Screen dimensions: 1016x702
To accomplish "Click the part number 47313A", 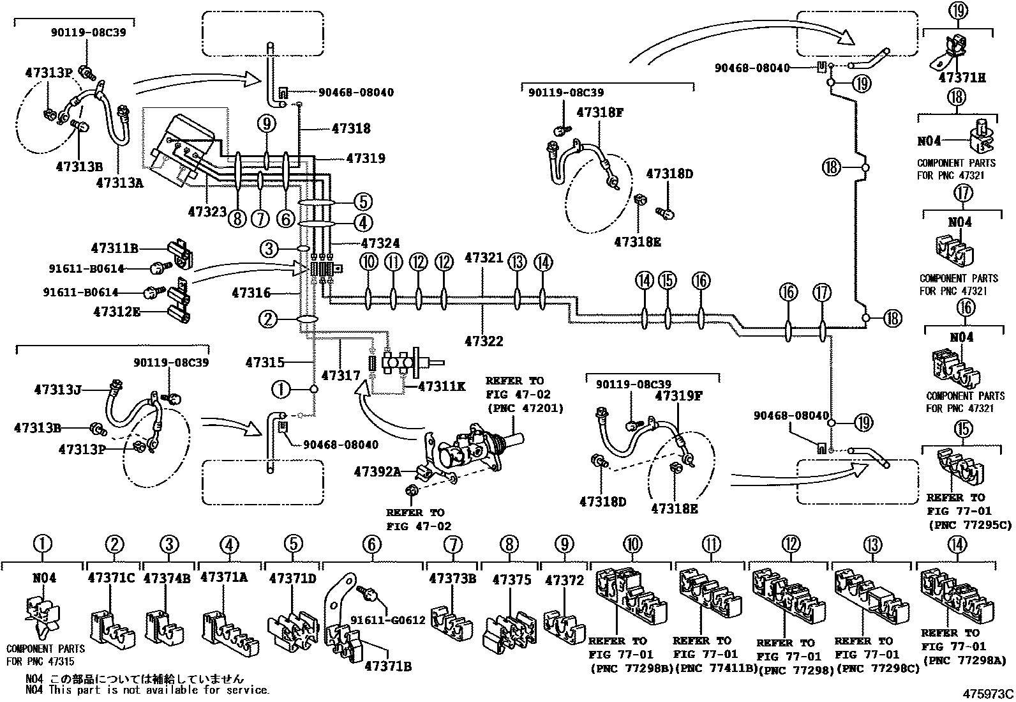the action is pyautogui.click(x=119, y=183).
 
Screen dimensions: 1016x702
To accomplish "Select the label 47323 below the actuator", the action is pyautogui.click(x=207, y=211).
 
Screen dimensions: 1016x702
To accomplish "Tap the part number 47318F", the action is pyautogui.click(x=600, y=112).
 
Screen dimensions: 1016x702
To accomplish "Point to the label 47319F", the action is pyautogui.click(x=678, y=396).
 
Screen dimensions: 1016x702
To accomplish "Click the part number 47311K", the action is pyautogui.click(x=442, y=386).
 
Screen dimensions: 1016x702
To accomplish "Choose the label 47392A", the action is pyautogui.click(x=377, y=472).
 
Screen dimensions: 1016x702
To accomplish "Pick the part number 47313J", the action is pyautogui.click(x=57, y=390).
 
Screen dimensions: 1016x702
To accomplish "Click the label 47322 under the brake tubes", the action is pyautogui.click(x=484, y=341).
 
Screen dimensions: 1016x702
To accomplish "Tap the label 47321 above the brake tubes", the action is pyautogui.click(x=484, y=258).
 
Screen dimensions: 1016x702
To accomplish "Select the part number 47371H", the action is pyautogui.click(x=962, y=78).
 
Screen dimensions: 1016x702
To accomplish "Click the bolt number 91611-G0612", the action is pyautogui.click(x=388, y=620).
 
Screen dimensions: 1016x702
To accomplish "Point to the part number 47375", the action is pyautogui.click(x=512, y=579).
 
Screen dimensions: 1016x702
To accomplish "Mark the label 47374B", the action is pyautogui.click(x=167, y=578).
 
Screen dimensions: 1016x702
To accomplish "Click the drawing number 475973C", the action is pyautogui.click(x=988, y=694).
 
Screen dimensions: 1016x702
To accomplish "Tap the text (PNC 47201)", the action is pyautogui.click(x=525, y=408).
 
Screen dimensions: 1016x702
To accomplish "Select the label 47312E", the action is pyautogui.click(x=117, y=312).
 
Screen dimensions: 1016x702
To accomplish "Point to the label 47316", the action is pyautogui.click(x=251, y=293).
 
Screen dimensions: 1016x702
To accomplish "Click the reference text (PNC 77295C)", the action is pyautogui.click(x=970, y=525).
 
